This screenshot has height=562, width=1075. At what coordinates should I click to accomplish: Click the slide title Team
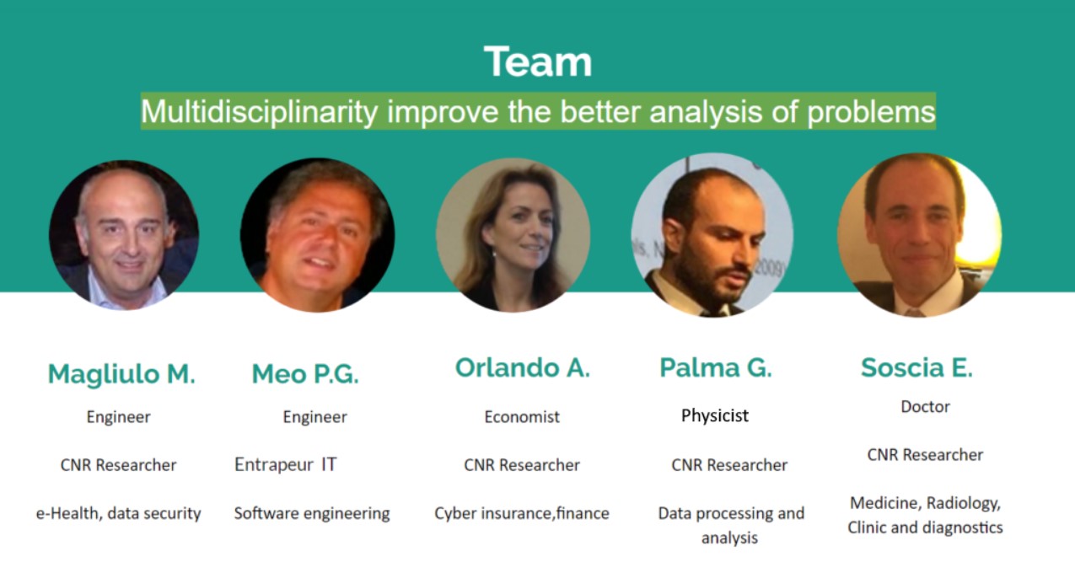538,62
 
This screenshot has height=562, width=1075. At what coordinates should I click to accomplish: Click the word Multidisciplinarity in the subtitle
259,112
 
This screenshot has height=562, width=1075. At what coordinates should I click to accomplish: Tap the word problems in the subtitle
871,112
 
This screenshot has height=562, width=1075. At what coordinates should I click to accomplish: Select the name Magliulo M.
121,374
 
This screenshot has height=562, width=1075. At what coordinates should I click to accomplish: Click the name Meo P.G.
305,374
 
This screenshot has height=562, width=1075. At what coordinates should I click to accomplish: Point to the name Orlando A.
522,368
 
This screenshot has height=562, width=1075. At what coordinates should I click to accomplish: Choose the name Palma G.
716,368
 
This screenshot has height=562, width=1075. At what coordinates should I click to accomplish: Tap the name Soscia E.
916,368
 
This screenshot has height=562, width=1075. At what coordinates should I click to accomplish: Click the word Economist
522,417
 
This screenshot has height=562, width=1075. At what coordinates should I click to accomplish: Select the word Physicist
715,415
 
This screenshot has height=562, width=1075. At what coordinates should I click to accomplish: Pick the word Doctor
925,407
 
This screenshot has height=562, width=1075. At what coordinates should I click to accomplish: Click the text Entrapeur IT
286,464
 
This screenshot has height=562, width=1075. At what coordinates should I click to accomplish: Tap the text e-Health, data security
119,514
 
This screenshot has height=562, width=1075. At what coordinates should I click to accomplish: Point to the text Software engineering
312,514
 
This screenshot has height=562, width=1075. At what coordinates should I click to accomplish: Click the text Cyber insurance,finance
522,514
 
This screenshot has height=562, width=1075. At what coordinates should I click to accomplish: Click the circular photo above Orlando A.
513,235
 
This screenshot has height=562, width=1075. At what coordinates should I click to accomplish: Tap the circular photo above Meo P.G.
317,235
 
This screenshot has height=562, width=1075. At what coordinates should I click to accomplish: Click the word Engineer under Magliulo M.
119,417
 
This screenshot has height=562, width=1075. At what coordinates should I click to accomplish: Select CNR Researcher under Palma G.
729,465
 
